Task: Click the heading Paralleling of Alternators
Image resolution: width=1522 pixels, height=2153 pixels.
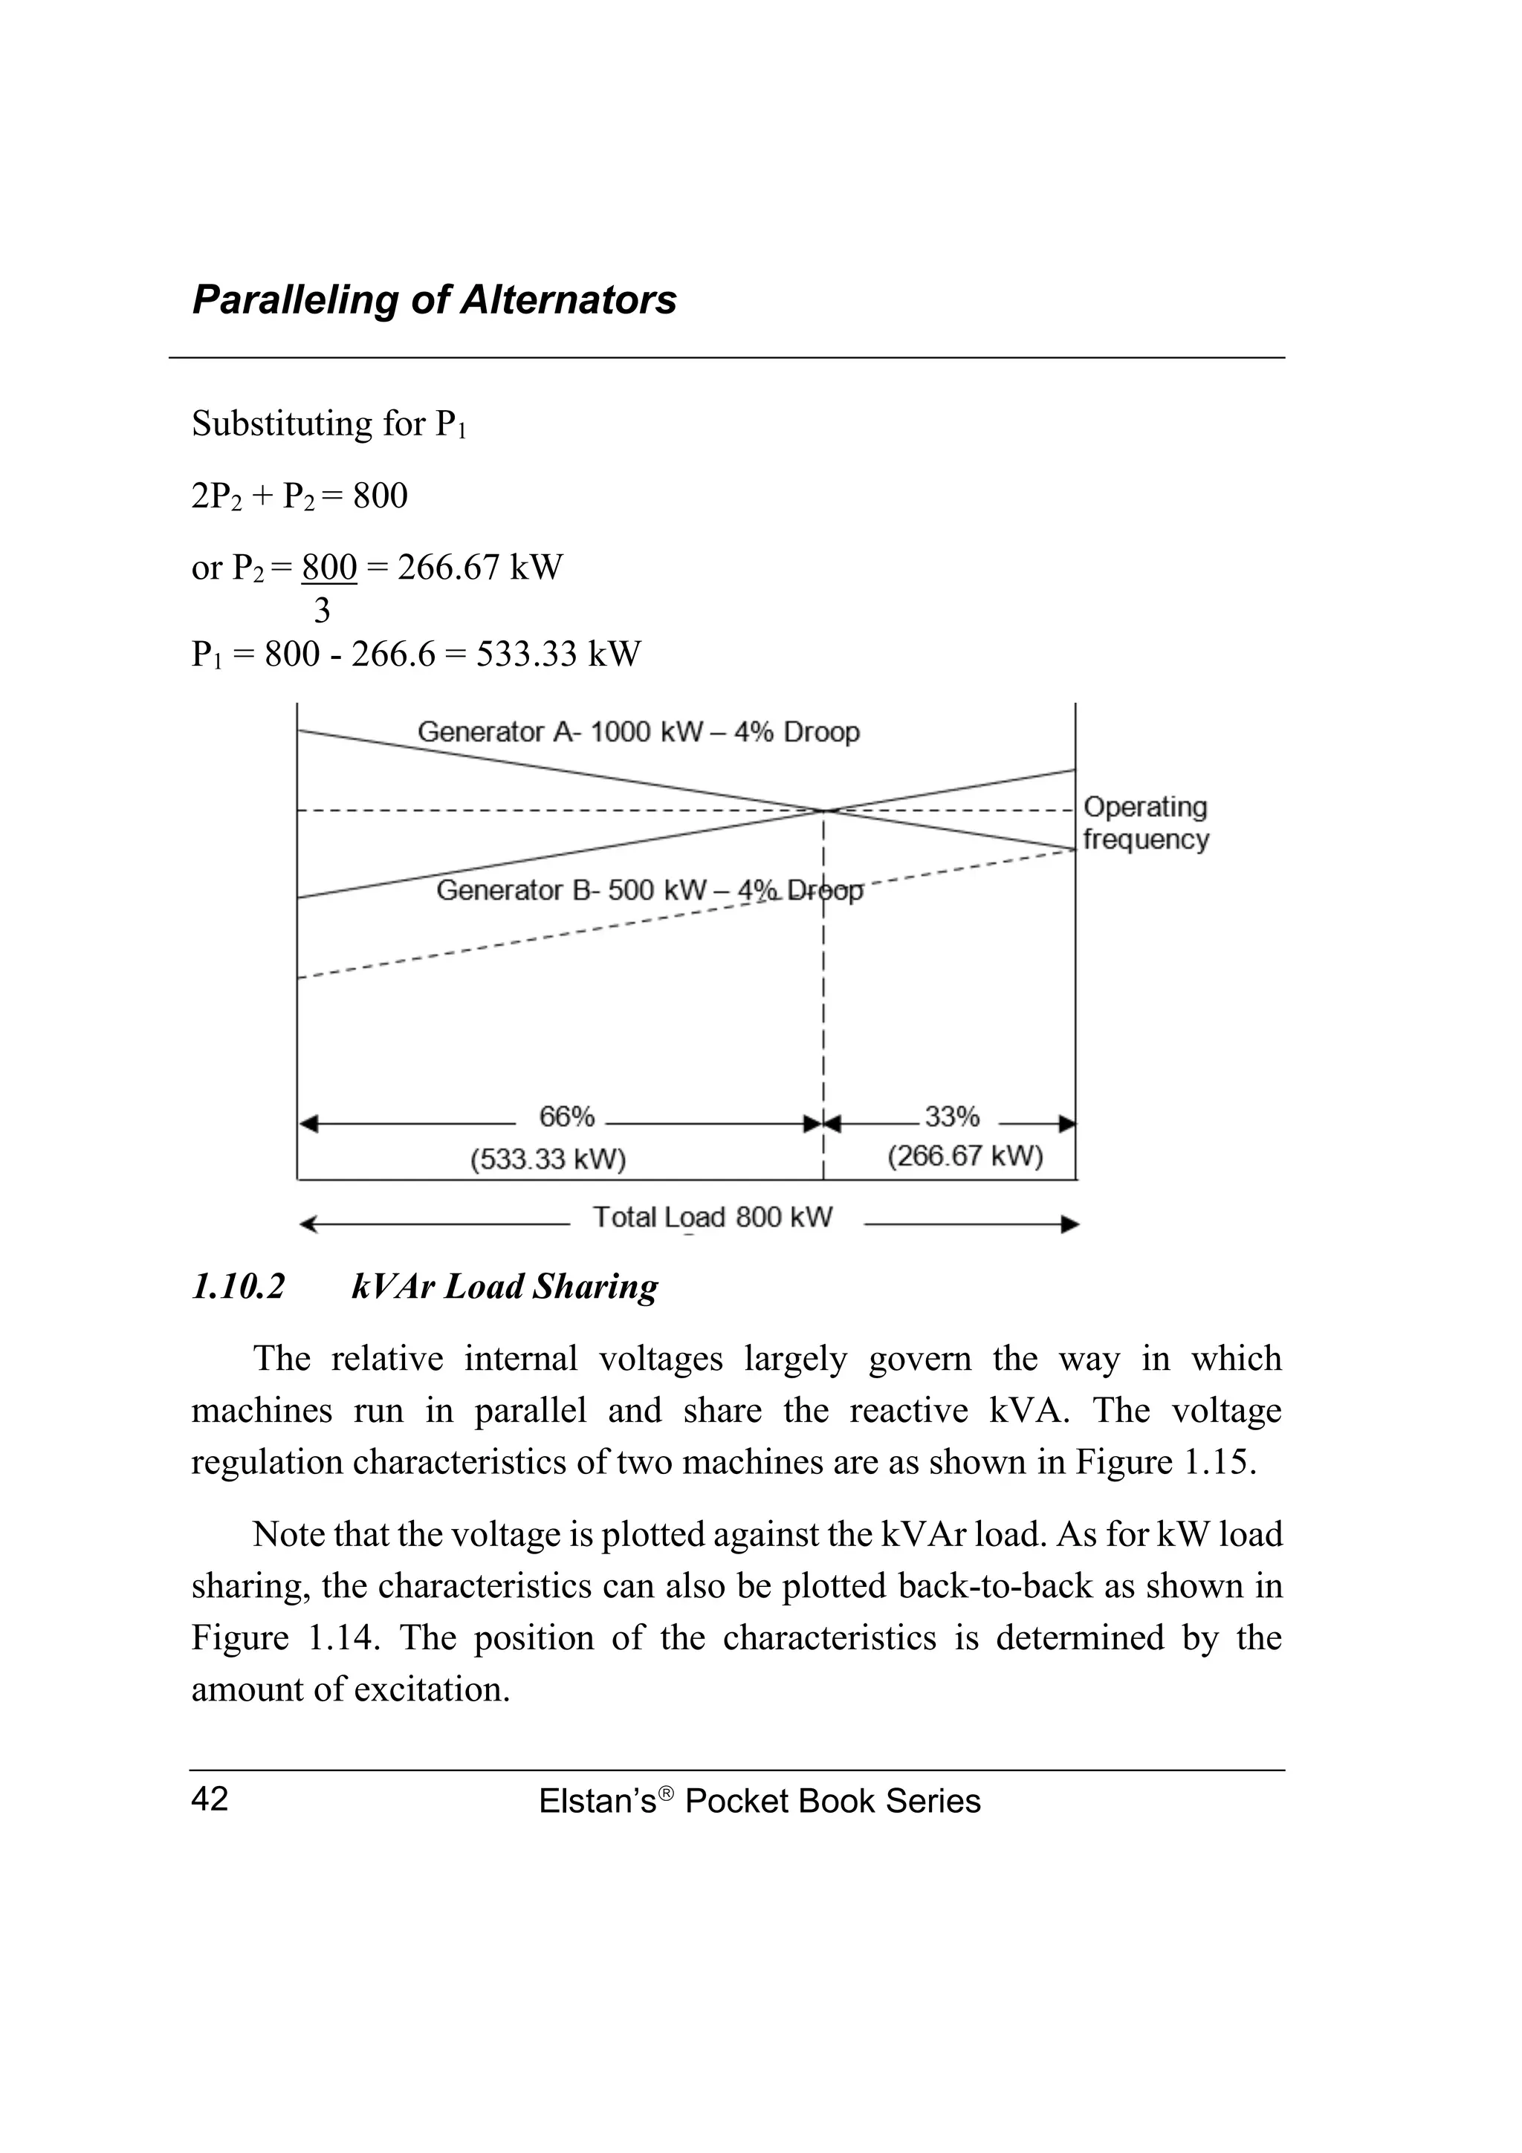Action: coord(434,300)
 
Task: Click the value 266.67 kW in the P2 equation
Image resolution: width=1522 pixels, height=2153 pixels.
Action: coord(479,568)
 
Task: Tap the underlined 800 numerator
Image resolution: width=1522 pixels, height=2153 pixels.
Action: coord(329,568)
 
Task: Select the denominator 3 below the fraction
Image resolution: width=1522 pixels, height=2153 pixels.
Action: coord(322,611)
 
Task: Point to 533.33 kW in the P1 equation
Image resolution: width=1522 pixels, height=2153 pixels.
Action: coord(558,654)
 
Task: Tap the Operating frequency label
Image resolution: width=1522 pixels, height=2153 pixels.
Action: coord(1145,822)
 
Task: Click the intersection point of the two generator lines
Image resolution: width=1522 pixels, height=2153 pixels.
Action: coord(824,811)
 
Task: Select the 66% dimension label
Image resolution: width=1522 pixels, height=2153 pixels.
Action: coord(566,1117)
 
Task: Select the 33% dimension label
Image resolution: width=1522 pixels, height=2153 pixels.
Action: coord(952,1117)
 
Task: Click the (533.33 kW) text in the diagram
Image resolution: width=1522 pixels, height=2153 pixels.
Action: coord(548,1160)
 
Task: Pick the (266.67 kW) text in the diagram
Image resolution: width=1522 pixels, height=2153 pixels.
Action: coord(965,1155)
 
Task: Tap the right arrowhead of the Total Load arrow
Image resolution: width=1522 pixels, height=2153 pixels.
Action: coord(1071,1224)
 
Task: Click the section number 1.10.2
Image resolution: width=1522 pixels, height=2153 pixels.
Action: coord(239,1287)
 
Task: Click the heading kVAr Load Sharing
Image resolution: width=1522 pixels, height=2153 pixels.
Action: coord(505,1287)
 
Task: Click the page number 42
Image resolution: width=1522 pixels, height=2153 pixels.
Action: coord(209,1799)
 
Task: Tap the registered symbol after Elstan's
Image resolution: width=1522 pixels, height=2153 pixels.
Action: coord(666,1792)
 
